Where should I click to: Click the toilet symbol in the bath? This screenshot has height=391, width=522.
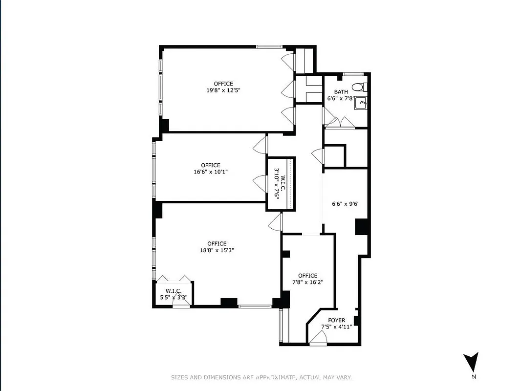point(359,87)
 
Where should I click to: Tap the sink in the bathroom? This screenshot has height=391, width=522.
point(361,103)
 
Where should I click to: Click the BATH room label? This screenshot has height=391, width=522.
point(341,92)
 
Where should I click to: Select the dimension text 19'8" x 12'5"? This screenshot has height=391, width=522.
point(223,90)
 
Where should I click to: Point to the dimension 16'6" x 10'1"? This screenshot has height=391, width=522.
point(211,172)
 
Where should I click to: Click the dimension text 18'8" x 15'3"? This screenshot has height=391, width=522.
point(217,250)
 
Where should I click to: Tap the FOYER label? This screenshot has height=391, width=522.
point(336,320)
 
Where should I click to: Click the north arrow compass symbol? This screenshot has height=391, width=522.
point(471,362)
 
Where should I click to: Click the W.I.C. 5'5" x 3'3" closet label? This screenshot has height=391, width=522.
point(174,294)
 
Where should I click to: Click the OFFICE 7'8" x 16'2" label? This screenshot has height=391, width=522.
point(308,279)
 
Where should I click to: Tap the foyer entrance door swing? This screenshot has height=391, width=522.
point(318,338)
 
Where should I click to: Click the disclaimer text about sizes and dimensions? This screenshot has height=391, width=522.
point(261,377)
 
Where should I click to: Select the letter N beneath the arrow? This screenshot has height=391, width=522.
point(474,377)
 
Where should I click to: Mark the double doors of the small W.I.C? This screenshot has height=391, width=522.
point(174,279)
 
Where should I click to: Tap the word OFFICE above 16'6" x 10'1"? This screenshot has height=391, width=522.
point(211,165)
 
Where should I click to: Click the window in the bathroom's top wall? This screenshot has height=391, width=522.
point(351,74)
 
